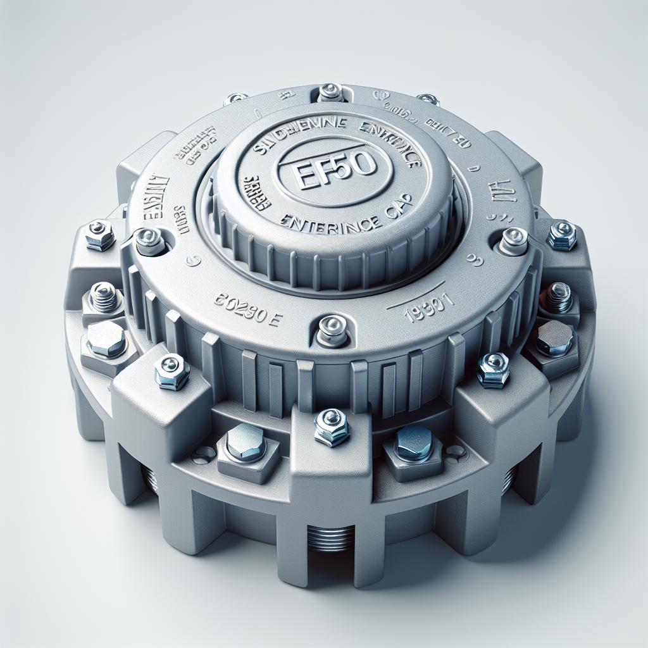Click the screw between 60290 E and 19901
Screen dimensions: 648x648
(x=332, y=327)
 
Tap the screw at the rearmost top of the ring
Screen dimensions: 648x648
(x=330, y=92)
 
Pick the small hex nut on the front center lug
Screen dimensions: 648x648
(x=332, y=426)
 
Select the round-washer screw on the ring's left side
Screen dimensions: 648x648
(x=149, y=241)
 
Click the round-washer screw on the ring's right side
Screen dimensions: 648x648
(x=513, y=239)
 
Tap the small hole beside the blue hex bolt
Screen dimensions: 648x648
(x=454, y=451)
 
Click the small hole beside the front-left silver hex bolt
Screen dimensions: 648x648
(x=204, y=452)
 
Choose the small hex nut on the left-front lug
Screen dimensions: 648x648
(x=172, y=371)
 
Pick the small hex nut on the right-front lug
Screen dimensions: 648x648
(x=494, y=369)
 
